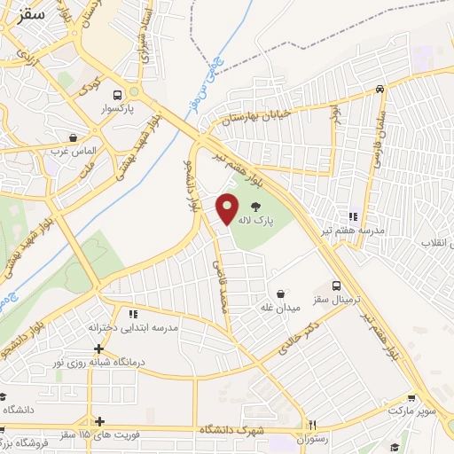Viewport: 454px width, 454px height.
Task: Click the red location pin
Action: coord(228,207)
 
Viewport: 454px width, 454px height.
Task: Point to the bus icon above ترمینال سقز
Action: coord(335,286)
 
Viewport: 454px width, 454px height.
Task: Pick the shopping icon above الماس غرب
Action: coord(73,137)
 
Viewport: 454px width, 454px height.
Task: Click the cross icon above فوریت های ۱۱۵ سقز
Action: coord(100,420)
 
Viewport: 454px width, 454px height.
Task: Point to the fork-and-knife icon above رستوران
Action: coord(311,425)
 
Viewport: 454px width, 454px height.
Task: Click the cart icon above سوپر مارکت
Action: coord(411,399)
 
